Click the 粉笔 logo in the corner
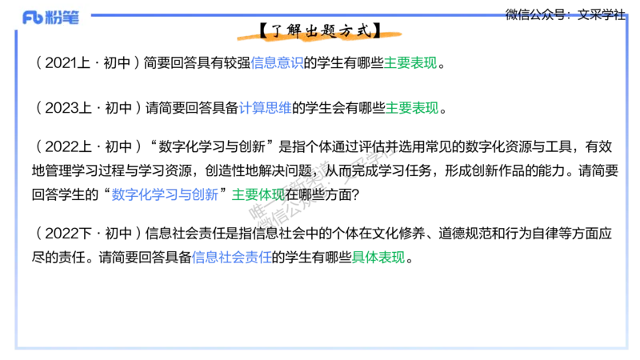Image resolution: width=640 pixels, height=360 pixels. [50, 17]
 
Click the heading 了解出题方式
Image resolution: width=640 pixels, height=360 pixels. [319, 31]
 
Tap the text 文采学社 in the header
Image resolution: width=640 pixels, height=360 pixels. [602, 14]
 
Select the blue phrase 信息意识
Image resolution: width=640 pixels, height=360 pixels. [277, 63]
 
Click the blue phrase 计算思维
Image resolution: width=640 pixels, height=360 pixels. [265, 108]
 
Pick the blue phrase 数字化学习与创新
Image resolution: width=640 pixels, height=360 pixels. [165, 194]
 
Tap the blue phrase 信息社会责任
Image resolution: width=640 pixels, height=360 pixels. [231, 258]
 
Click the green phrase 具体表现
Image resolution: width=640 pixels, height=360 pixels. [378, 258]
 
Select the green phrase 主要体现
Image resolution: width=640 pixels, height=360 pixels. [258, 194]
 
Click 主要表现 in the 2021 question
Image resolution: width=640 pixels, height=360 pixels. [410, 63]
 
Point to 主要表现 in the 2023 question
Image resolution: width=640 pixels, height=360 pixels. [412, 108]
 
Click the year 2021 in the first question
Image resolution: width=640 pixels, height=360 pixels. [61, 63]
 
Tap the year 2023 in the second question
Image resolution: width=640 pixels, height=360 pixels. [62, 108]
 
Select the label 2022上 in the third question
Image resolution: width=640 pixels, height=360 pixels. [68, 146]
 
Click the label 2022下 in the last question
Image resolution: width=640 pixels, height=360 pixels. [68, 234]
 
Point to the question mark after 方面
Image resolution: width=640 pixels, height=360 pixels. [355, 195]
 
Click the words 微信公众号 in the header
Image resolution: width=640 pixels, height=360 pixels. [535, 14]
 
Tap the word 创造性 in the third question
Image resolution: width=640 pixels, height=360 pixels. [225, 170]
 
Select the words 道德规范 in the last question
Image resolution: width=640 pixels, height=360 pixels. [465, 234]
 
